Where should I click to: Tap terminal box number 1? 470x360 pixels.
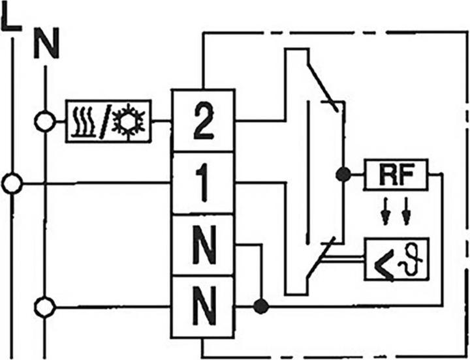coord(202,183)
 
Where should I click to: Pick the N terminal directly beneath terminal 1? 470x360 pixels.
coord(202,245)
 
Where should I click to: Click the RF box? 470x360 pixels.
coord(396,174)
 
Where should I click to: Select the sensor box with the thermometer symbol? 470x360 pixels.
coord(396,259)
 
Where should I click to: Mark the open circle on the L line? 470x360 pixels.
coord(11,184)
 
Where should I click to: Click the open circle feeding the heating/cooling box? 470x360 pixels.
coord(44,121)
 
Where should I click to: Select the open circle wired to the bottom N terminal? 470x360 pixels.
coord(44,305)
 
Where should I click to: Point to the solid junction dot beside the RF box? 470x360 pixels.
coord(342,174)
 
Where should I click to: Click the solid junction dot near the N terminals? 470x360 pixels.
coord(261,305)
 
